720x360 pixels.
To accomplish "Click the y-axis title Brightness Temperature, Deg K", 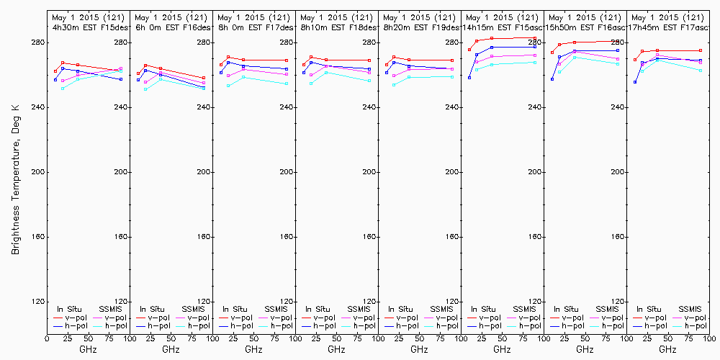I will [x=15, y=179].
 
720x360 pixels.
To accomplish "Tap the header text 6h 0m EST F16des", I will [x=171, y=27].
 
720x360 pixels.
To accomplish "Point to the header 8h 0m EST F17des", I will [x=254, y=27].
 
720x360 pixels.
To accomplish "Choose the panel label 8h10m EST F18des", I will [x=337, y=27].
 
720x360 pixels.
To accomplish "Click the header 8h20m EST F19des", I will [x=420, y=27].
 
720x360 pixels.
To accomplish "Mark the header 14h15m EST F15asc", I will [x=503, y=27].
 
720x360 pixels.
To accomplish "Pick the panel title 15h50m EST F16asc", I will [x=585, y=27].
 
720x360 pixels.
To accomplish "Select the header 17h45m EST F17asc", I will [x=668, y=27].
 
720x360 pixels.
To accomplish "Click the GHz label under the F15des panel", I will [x=88, y=349].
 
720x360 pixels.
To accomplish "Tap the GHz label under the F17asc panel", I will [x=667, y=349].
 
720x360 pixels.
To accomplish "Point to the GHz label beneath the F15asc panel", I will [x=502, y=349].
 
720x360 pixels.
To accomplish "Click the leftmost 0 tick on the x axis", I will [x=47, y=337].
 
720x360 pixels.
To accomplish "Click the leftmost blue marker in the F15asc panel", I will [x=469, y=78].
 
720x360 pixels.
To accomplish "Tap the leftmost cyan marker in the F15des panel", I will [x=63, y=89].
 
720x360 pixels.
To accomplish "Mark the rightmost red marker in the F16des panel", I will [x=204, y=78].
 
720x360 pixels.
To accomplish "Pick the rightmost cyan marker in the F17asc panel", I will [x=701, y=70].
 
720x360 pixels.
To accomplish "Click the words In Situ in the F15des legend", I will [x=71, y=309].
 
